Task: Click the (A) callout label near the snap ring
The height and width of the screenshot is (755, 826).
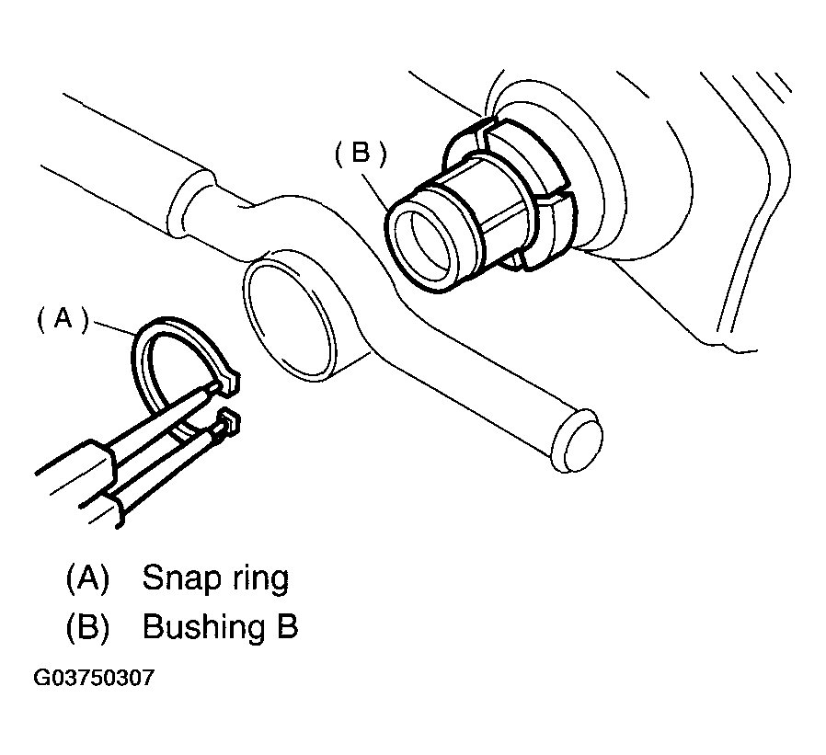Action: (63, 318)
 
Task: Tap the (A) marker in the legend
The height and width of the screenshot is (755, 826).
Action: (87, 578)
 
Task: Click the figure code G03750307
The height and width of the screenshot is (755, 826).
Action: (94, 679)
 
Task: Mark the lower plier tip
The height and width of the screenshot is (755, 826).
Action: (226, 423)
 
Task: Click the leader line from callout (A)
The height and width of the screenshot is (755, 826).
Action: (115, 328)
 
